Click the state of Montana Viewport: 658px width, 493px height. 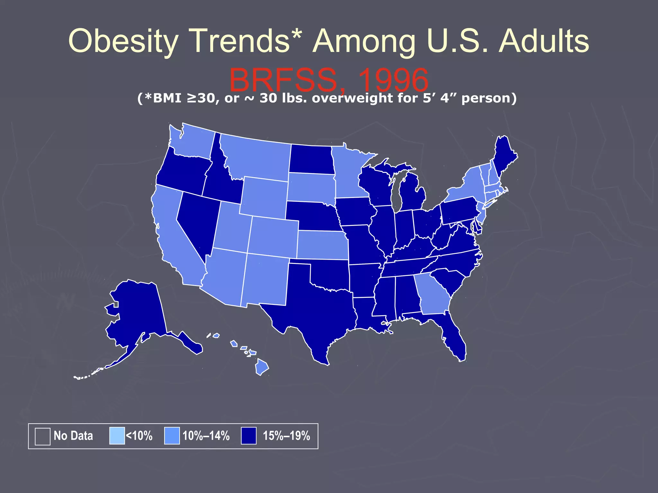(257, 157)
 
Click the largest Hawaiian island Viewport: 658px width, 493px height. (262, 368)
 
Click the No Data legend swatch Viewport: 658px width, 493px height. (42, 436)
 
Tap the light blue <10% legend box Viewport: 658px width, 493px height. (117, 436)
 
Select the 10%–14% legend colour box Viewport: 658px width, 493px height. (172, 436)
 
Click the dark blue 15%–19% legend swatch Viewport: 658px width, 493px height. (249, 436)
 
